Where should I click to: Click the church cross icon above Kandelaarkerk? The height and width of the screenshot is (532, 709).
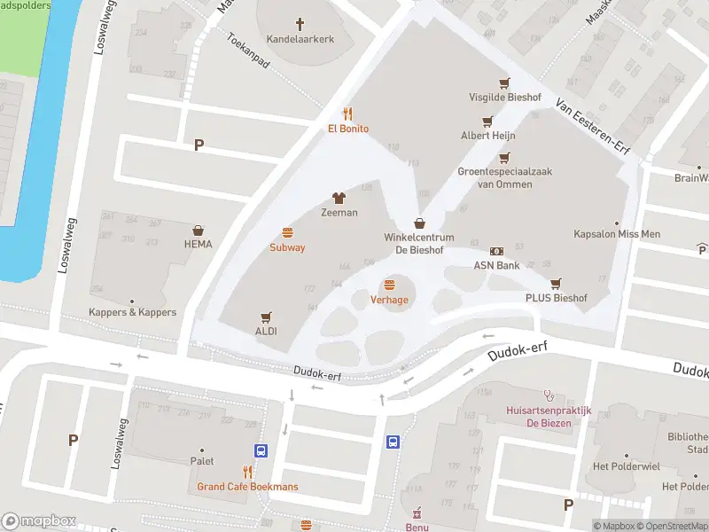click(300, 24)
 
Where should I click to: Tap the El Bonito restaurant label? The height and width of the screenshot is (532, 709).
click(348, 129)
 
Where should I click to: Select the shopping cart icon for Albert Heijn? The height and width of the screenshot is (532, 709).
click(487, 121)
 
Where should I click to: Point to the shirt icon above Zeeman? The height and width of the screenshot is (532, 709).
click(339, 198)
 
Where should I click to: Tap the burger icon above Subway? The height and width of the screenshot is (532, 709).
click(287, 232)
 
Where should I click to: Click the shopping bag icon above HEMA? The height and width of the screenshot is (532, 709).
click(199, 230)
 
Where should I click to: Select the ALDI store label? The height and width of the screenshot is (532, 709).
click(266, 331)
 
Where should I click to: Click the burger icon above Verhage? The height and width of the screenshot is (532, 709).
click(389, 285)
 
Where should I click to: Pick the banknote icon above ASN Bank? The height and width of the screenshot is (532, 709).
click(496, 252)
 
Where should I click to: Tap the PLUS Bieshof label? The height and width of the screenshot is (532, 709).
click(556, 298)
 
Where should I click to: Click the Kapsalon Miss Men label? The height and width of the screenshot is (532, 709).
click(618, 234)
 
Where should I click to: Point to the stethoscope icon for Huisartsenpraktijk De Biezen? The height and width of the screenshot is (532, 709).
click(549, 396)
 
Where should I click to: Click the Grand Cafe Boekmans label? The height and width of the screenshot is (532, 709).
click(247, 487)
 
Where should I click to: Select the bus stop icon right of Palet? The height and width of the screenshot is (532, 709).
click(261, 450)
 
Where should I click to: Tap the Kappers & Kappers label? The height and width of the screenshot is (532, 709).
click(132, 312)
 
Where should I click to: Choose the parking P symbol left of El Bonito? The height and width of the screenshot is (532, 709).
click(199, 145)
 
